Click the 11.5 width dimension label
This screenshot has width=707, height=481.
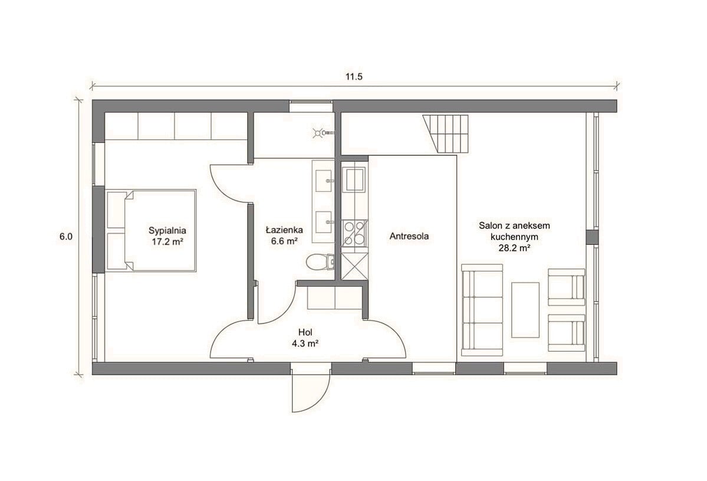click(x=354, y=77)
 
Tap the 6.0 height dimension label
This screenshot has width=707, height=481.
click(x=66, y=236)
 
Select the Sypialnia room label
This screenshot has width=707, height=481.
click(x=167, y=231)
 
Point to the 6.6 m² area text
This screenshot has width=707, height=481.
click(x=284, y=241)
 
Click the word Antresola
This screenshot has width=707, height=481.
click(x=409, y=236)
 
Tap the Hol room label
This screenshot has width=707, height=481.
click(x=305, y=332)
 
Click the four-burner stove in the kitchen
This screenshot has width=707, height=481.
click(x=354, y=233)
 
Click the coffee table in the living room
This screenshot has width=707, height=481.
click(x=525, y=309)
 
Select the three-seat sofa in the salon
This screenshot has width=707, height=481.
click(x=482, y=310)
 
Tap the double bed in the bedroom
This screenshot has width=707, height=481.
click(x=151, y=230)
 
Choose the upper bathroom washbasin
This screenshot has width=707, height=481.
click(x=324, y=181)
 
